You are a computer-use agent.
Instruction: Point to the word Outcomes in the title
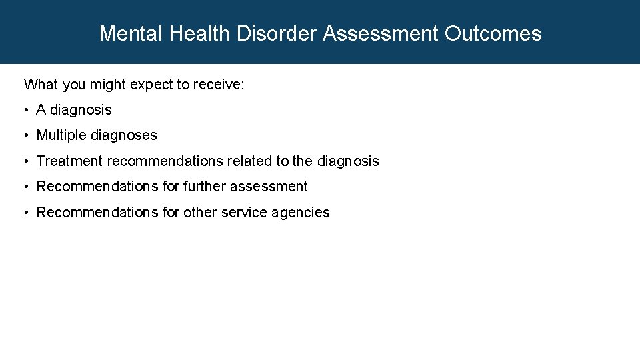pos(493,33)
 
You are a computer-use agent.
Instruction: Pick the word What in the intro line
pos(40,85)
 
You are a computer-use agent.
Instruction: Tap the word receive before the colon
pos(217,85)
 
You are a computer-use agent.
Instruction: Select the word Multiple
pos(61,135)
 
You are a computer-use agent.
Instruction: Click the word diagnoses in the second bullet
pos(124,135)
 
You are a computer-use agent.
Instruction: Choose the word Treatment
pos(69,161)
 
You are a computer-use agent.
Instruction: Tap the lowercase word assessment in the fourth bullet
pos(269,187)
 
